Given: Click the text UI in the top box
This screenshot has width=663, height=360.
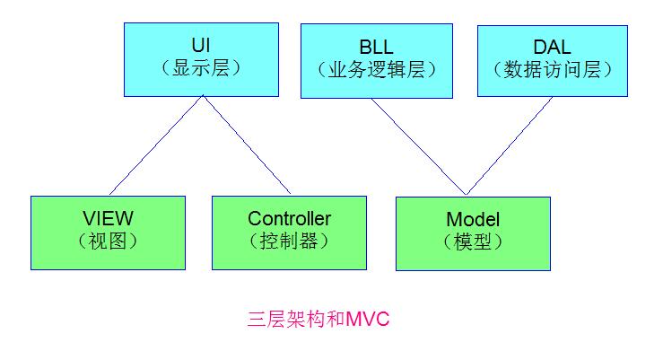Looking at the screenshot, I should (x=200, y=44).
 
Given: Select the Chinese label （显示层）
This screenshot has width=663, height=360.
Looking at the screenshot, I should (x=200, y=68).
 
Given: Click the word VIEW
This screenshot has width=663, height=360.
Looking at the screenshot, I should (x=107, y=218).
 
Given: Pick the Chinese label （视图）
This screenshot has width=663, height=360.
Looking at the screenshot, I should (x=107, y=241).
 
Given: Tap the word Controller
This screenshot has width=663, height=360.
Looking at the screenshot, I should (x=289, y=218).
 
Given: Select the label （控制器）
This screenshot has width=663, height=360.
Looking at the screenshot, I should (x=289, y=241).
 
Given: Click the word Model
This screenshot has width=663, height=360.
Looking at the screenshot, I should (x=472, y=219).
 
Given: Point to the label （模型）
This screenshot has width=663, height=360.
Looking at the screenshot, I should (x=472, y=242).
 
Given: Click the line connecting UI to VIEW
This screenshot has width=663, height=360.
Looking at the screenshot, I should (x=154, y=146).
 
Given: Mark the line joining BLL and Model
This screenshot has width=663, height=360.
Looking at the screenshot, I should (x=420, y=146).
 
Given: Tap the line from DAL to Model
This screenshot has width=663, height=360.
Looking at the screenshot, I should (x=510, y=146).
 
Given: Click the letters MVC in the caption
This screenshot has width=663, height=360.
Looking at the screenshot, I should (x=368, y=320).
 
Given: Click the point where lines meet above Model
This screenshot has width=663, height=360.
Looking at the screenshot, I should (x=466, y=194).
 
